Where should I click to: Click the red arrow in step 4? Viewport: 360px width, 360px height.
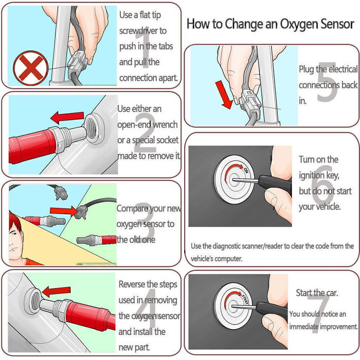click(x=57, y=292)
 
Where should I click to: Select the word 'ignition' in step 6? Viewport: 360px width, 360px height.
click(x=312, y=175)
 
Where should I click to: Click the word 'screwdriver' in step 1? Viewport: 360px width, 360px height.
click(x=142, y=31)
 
